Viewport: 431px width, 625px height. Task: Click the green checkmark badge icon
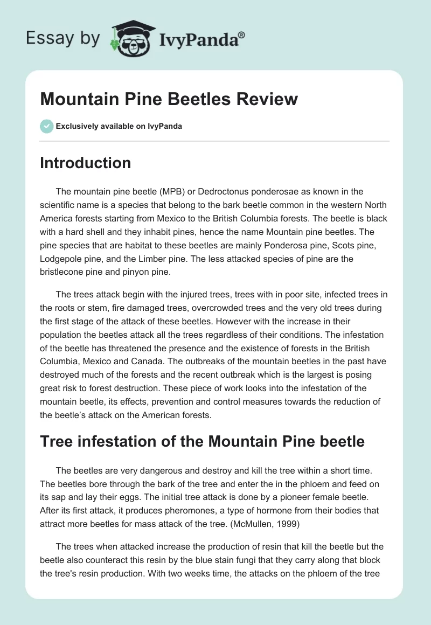pos(46,126)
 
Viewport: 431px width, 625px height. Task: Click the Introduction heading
pos(85,163)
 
